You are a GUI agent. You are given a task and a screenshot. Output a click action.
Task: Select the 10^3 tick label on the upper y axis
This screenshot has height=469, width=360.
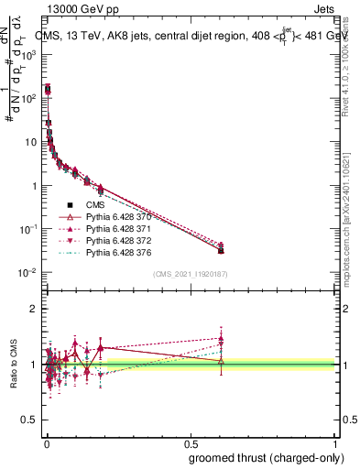click(27, 55)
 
